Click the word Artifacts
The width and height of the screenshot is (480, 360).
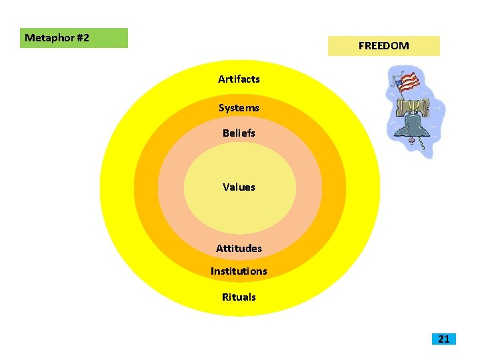(x=239, y=79)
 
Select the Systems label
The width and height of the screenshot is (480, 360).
(x=239, y=108)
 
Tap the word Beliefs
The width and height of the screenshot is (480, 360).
(x=239, y=133)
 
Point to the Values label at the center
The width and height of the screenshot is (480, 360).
(x=239, y=187)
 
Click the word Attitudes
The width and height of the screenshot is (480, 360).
(x=239, y=249)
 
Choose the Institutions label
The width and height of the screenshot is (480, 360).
(x=239, y=271)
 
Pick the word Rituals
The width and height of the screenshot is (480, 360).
(x=239, y=297)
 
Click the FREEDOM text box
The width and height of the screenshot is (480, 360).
(x=383, y=46)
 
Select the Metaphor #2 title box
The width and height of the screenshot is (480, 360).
(x=74, y=38)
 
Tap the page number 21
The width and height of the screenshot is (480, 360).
(x=444, y=339)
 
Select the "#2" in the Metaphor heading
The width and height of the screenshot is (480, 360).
(x=82, y=38)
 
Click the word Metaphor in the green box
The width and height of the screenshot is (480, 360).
(x=49, y=38)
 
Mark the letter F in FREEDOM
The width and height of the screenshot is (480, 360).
(x=361, y=46)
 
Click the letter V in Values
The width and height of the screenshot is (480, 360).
(x=226, y=187)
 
